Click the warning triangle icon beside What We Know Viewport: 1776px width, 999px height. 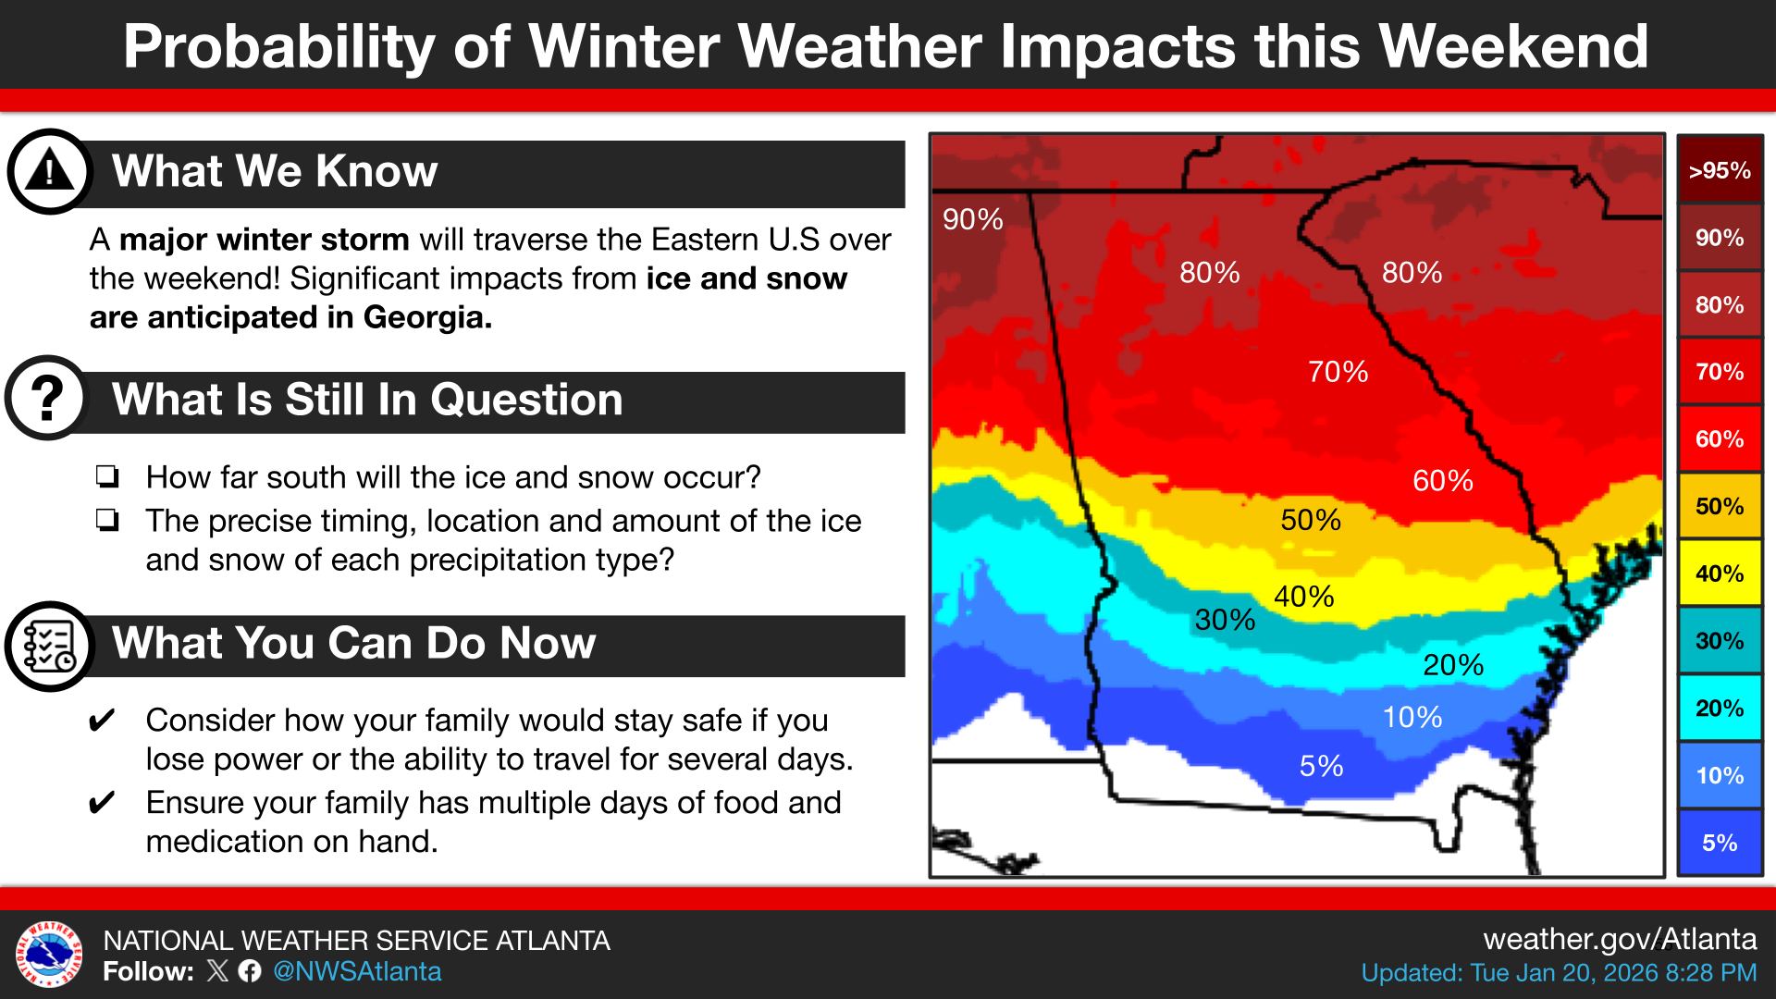coord(49,171)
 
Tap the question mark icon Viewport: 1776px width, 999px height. coord(47,398)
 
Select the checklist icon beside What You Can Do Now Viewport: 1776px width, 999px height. coord(49,645)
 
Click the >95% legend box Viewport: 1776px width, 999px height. coord(1719,170)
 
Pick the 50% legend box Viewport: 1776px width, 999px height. coord(1719,506)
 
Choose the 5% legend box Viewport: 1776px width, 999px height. coord(1719,843)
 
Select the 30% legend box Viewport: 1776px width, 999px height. coord(1719,641)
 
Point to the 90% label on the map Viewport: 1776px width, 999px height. coord(972,219)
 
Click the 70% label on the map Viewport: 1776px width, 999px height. coord(1338,372)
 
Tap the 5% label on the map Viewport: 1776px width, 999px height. coord(1321,766)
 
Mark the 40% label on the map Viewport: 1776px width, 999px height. coord(1303,597)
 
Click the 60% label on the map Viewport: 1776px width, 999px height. coord(1442,481)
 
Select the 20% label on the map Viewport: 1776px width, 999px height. coord(1453,665)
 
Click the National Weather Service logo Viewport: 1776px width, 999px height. coord(49,955)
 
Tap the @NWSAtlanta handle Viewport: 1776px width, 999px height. coord(357,971)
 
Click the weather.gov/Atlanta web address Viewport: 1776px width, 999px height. coord(1619,939)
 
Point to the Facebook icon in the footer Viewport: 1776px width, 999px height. coord(250,971)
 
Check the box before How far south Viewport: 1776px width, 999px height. coord(106,477)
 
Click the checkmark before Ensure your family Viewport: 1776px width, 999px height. coord(102,802)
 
